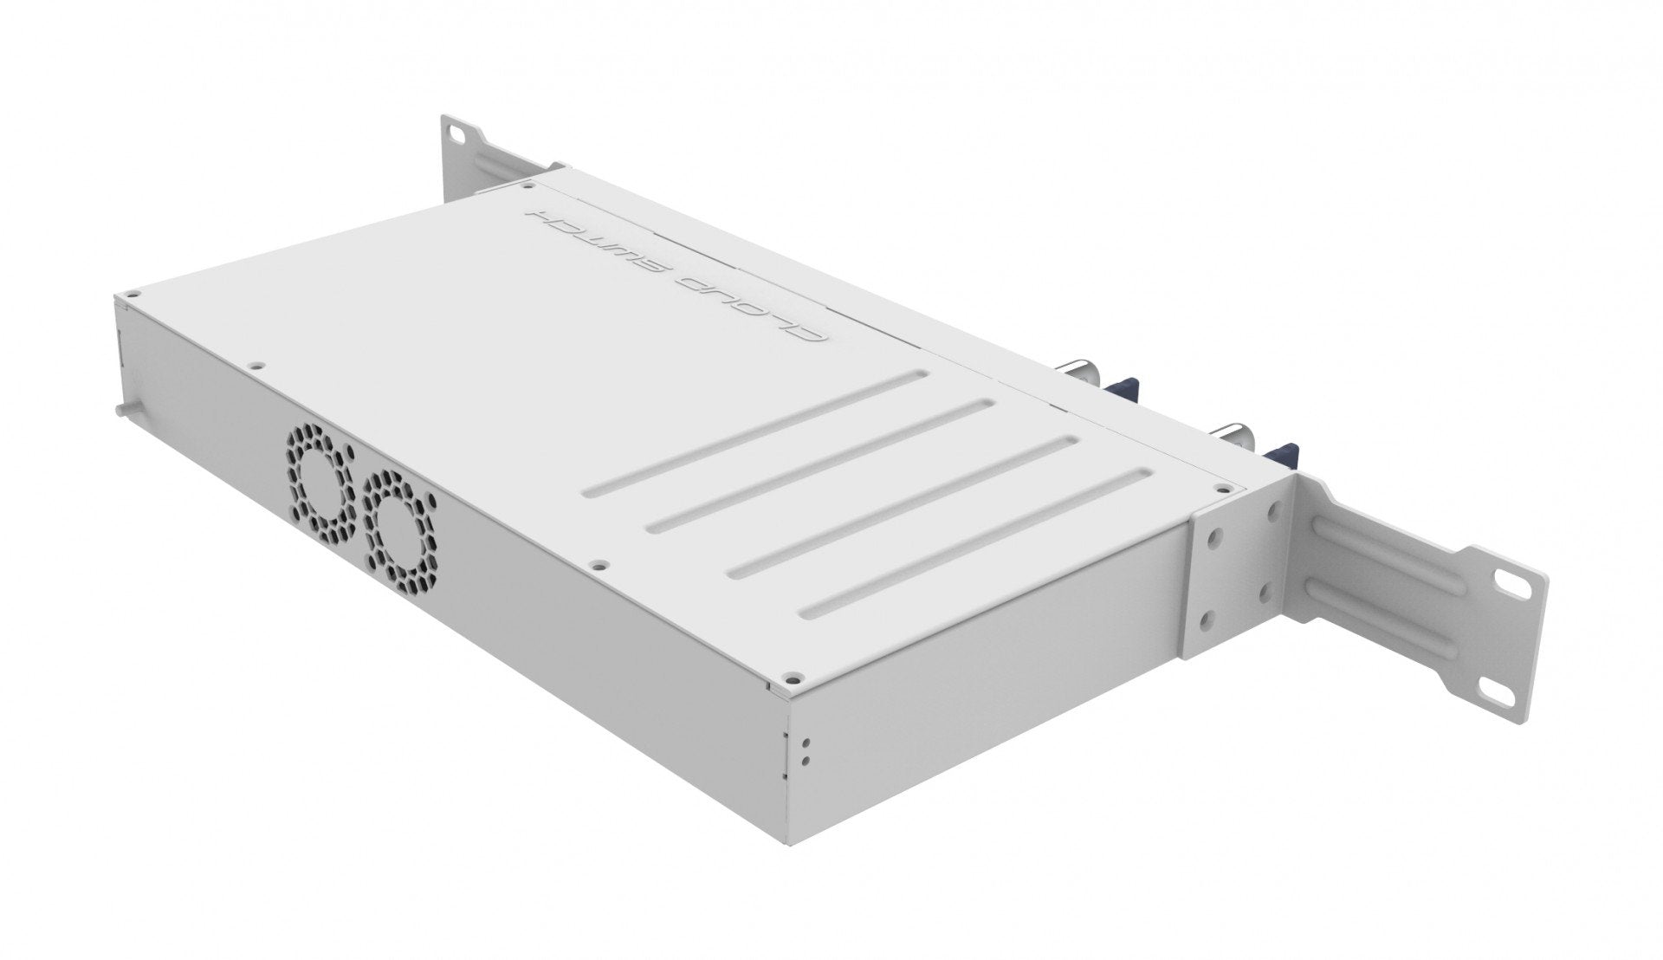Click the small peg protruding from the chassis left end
click(120, 406)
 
